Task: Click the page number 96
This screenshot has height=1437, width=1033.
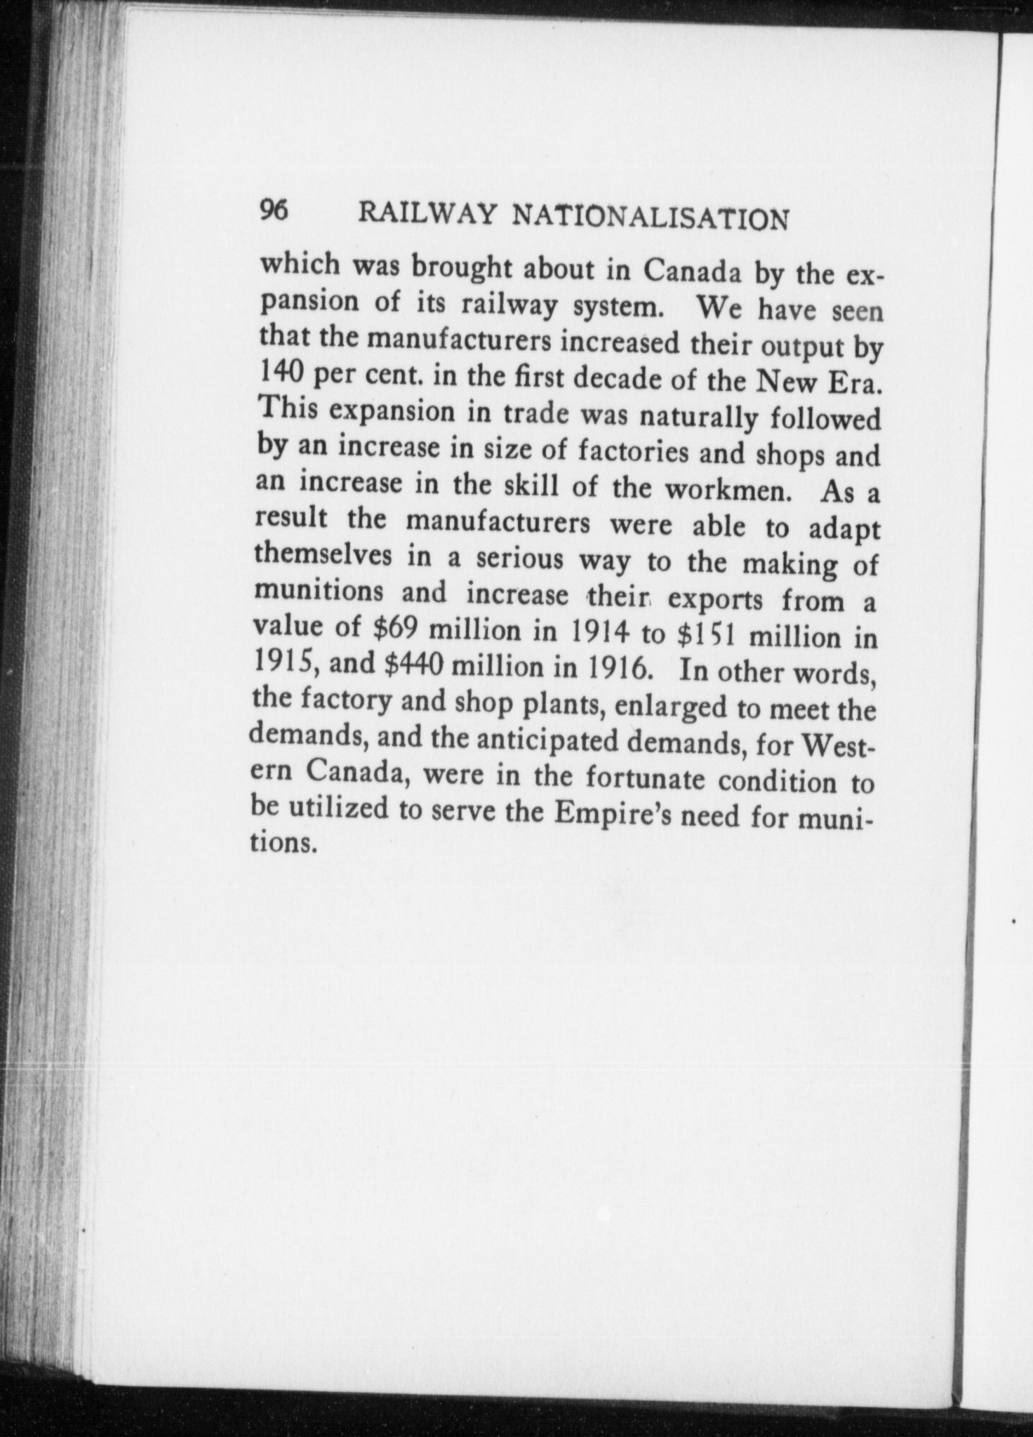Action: (274, 210)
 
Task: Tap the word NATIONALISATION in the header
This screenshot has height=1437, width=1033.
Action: (651, 218)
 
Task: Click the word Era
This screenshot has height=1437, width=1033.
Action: (854, 385)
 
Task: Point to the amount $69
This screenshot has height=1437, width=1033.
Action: (395, 628)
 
